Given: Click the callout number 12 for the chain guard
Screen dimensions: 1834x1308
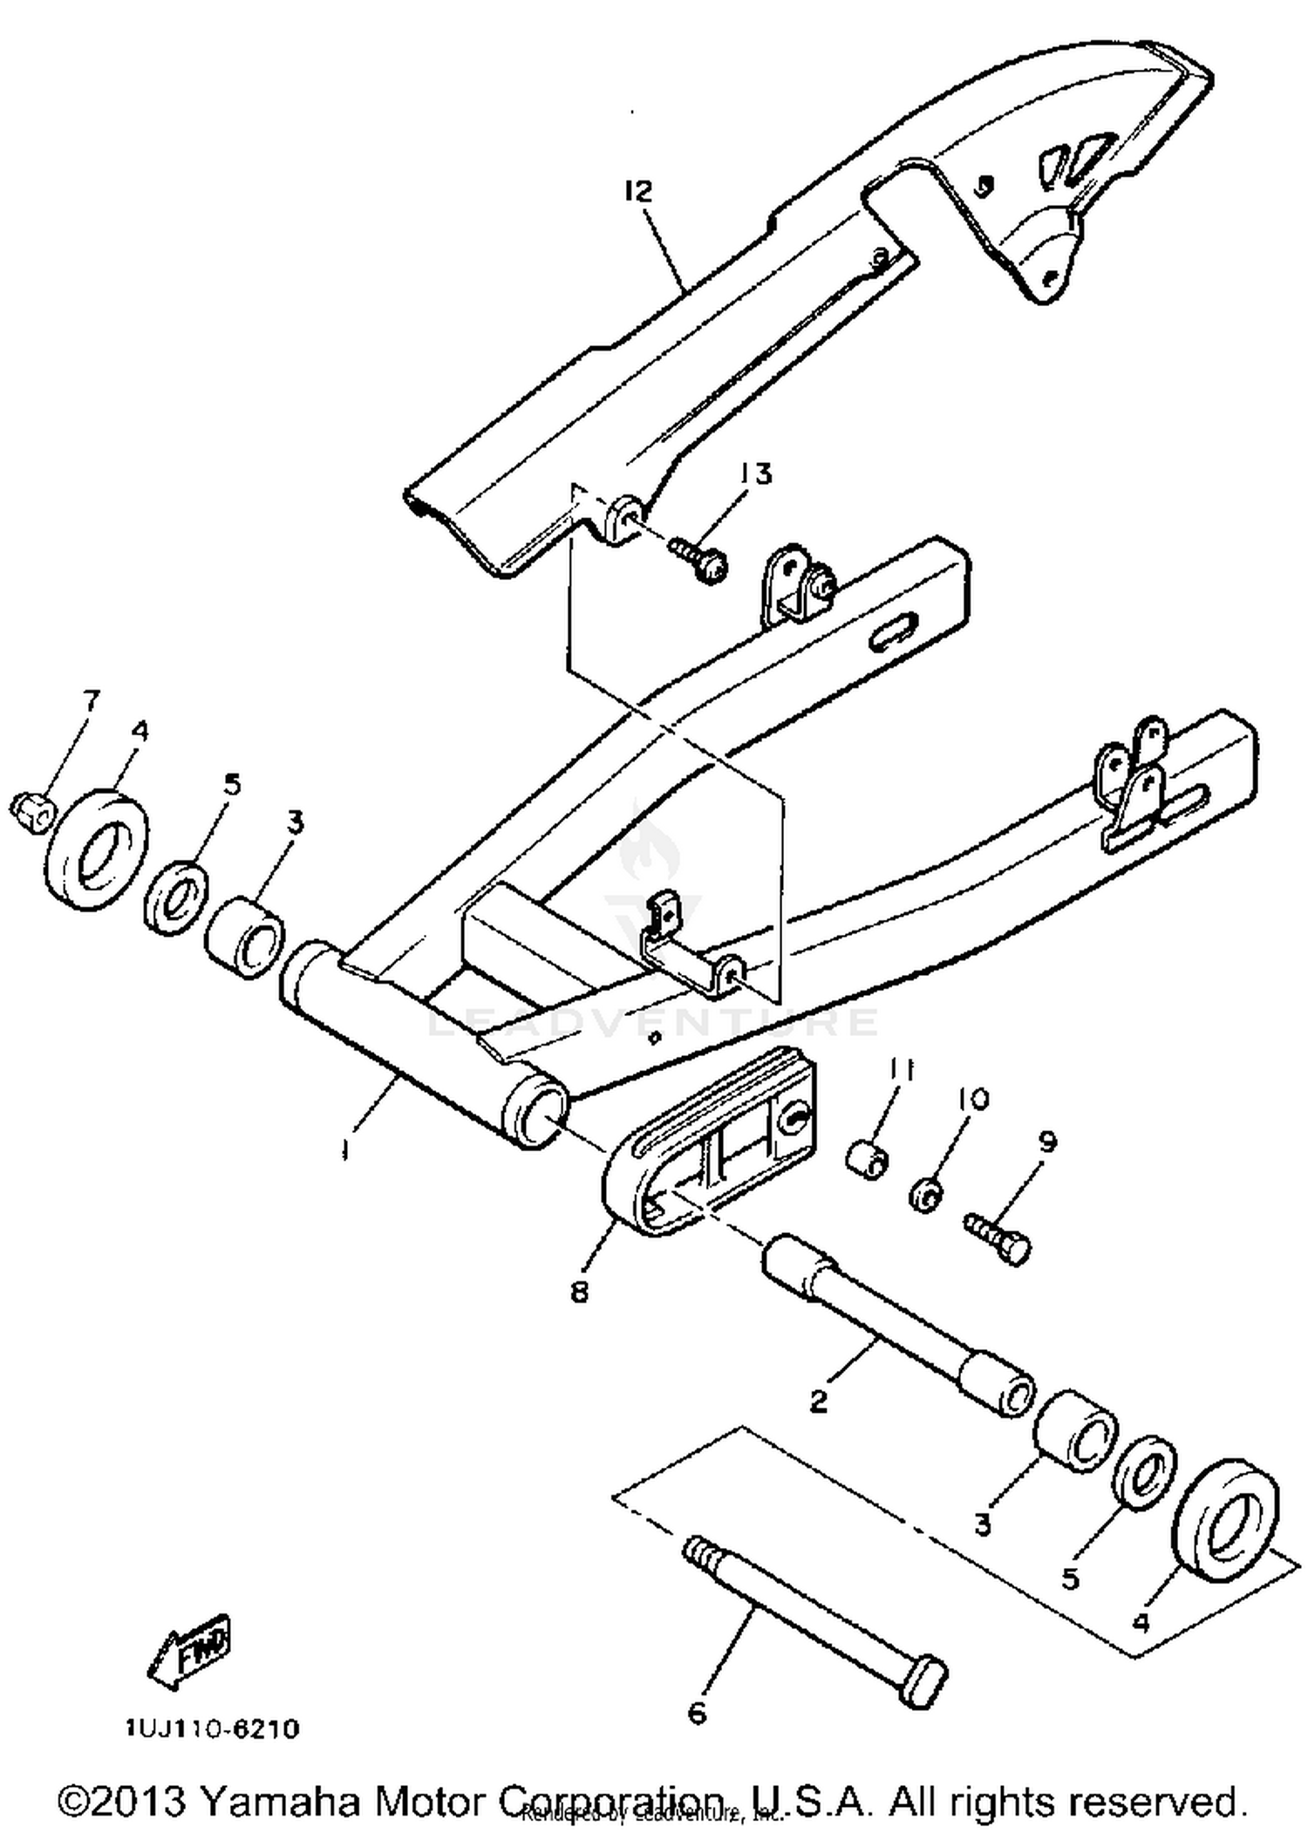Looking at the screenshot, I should pos(639,191).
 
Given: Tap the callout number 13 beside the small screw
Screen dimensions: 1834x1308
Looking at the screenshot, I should pos(755,474).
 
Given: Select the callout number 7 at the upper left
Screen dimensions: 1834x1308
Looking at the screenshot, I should pos(90,699).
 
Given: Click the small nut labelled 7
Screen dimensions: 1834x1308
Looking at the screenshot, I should pos(31,810).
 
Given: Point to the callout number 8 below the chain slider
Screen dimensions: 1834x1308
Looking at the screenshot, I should pos(580,1291).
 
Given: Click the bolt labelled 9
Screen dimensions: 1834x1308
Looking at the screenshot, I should pos(999,1239).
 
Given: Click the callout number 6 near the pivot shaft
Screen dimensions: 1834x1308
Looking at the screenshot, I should pos(697,1714).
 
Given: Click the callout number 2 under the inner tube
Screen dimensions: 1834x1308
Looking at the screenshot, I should pos(818,1401).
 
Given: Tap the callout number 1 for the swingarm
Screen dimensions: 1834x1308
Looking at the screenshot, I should pos(346,1151).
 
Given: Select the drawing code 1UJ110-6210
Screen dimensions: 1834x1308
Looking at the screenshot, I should pos(213,1729).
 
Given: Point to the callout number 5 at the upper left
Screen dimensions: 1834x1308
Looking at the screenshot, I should pos(231,784).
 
